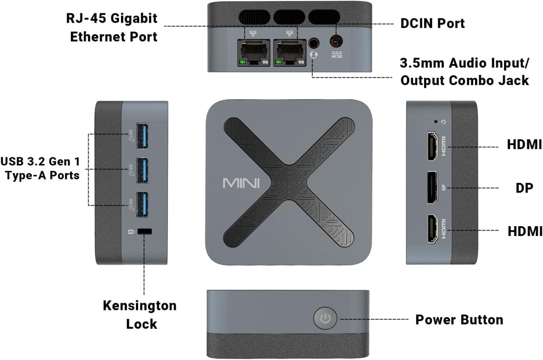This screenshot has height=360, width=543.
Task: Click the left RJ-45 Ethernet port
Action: [x=254, y=52]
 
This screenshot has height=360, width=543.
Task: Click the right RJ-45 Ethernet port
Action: [x=290, y=52]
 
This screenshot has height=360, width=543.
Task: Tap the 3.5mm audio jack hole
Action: [x=314, y=43]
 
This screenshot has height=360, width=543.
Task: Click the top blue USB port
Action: [x=142, y=136]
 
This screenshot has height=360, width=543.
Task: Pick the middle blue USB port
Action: [x=142, y=170]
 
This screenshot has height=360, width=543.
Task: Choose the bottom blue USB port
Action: [x=142, y=204]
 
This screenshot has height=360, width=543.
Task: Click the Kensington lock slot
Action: [x=145, y=231]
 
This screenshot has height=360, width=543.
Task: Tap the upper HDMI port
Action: [x=432, y=146]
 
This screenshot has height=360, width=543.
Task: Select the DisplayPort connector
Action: [x=432, y=188]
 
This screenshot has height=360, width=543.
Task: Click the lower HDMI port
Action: [x=432, y=229]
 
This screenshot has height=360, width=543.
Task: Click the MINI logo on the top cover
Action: [x=241, y=183]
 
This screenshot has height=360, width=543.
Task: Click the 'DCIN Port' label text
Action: [x=432, y=24]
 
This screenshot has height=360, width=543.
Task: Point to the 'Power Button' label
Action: [x=459, y=319]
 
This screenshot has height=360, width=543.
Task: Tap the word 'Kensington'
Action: [x=140, y=306]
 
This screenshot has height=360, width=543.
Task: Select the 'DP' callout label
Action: [x=524, y=188]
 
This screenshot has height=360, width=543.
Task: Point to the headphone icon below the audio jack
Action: [x=314, y=55]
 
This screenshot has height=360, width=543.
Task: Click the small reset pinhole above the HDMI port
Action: [x=436, y=121]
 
